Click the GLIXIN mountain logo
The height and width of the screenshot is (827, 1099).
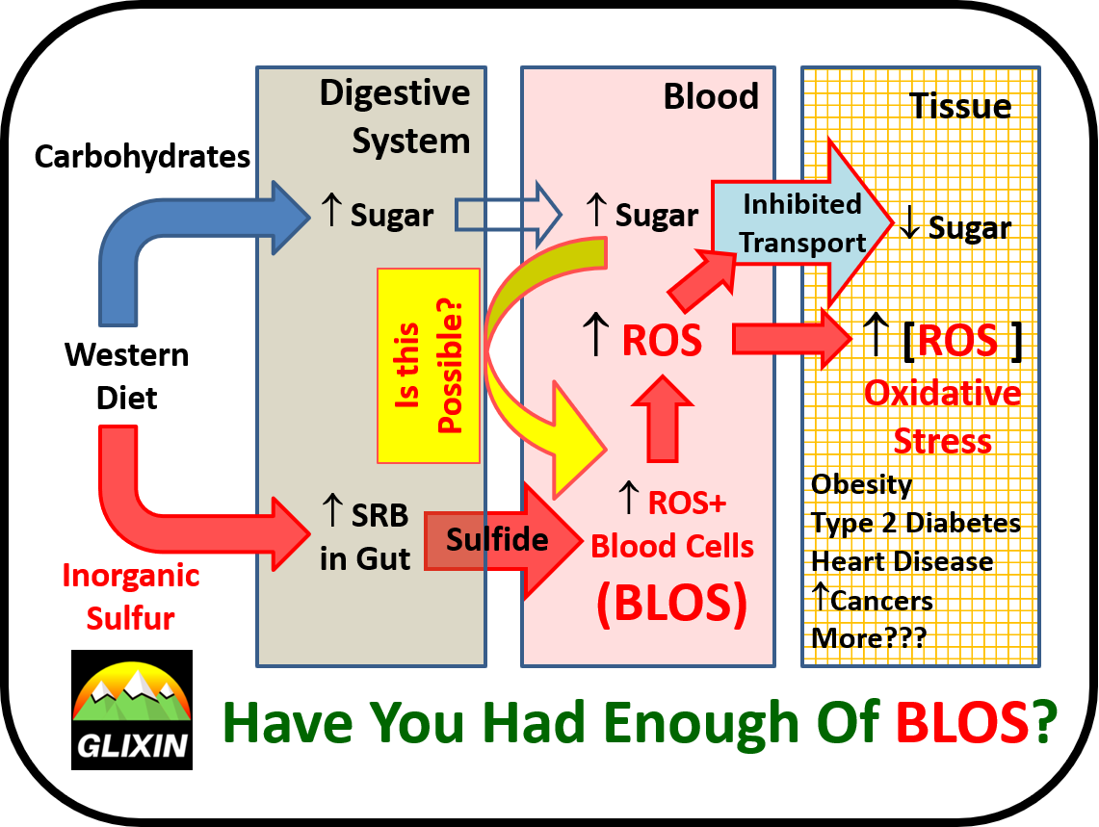coord(132,710)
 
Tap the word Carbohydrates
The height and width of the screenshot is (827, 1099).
coord(143,156)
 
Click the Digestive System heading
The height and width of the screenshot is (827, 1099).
coord(395,116)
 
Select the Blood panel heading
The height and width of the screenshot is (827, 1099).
coord(711,96)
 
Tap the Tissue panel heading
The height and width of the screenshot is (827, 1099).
coord(960,106)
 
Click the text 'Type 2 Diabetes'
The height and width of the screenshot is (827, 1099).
coord(915,523)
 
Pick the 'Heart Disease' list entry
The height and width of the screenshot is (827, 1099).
coord(903,561)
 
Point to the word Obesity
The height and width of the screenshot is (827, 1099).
coord(861,484)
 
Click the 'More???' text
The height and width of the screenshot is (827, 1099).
coord(868,638)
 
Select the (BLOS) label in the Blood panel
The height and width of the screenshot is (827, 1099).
coord(671,605)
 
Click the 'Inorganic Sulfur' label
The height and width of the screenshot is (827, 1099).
coord(131,597)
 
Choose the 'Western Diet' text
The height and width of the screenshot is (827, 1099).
coord(127,376)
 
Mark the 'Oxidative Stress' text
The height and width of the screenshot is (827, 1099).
coord(942,417)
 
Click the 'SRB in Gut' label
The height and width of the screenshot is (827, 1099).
coord(366,536)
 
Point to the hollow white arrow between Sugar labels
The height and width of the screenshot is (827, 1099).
coord(508,216)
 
